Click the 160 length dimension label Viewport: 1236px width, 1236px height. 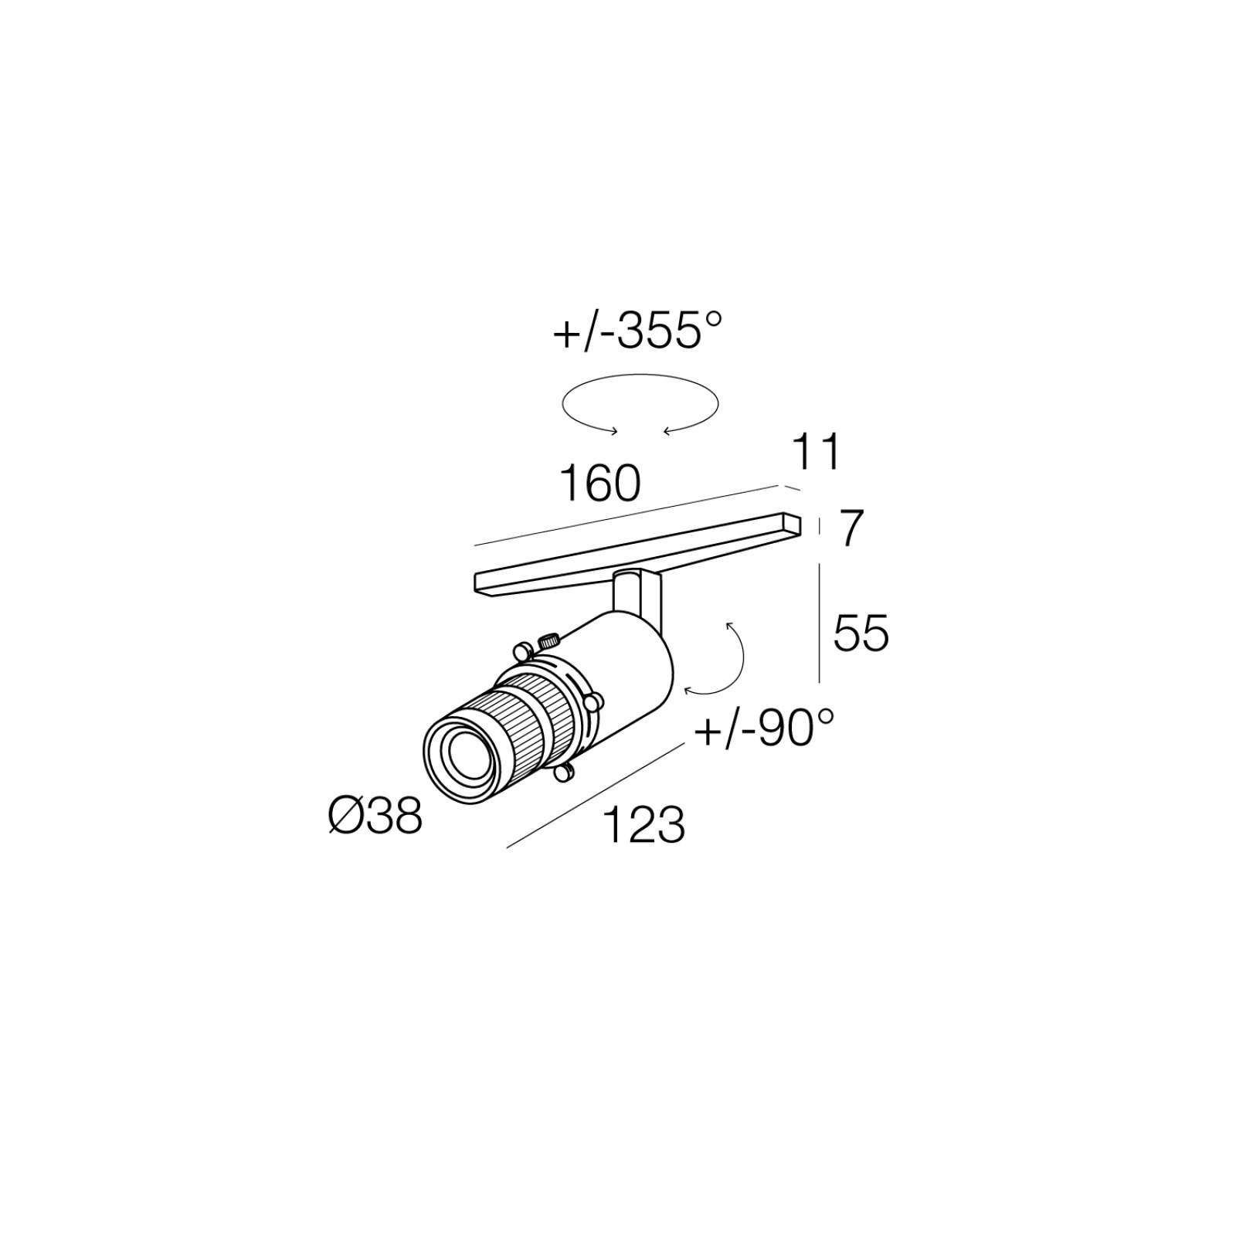(x=599, y=484)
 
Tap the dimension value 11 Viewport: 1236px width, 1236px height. (x=816, y=453)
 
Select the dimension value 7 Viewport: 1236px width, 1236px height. (x=850, y=529)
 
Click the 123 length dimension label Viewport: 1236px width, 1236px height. (x=643, y=824)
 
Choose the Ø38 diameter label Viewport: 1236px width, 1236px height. (x=375, y=815)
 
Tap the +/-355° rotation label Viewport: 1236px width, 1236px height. (x=637, y=331)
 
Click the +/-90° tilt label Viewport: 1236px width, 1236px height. (x=765, y=728)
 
